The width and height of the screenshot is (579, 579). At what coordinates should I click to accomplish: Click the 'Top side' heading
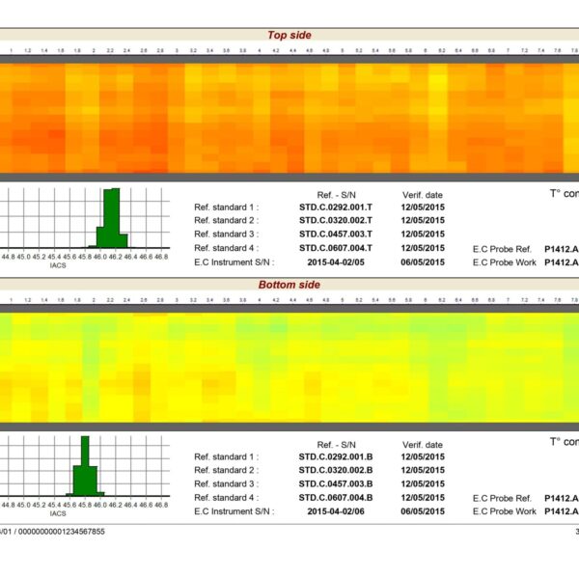tap(289, 36)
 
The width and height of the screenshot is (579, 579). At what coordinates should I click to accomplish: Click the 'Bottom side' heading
tap(289, 286)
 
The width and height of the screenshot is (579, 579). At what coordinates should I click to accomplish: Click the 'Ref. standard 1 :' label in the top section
tap(226, 207)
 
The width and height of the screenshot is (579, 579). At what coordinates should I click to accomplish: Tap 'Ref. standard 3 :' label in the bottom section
tap(226, 483)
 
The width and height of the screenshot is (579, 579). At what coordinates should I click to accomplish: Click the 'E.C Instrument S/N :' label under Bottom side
tap(234, 511)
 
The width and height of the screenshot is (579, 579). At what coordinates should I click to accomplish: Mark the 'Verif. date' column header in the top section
tap(422, 194)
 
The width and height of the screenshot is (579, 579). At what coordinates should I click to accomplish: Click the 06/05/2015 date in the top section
tap(424, 262)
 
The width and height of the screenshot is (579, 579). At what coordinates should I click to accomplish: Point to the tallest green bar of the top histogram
tap(113, 217)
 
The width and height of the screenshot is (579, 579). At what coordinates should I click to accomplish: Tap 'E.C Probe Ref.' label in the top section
tap(502, 248)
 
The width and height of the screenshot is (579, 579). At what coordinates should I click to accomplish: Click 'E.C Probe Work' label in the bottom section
tap(504, 511)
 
